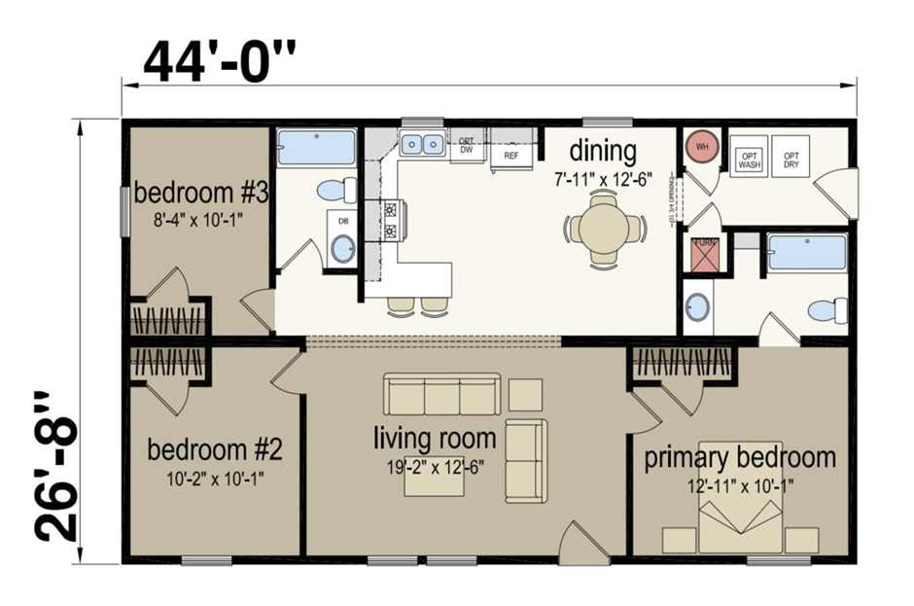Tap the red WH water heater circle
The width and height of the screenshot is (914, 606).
pos(699,147)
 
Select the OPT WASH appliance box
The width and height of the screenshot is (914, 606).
pos(750,160)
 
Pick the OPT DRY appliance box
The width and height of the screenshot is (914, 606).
pos(792,160)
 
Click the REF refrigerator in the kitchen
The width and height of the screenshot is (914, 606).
pos(510,155)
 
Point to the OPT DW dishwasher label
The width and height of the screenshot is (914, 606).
pos(467,146)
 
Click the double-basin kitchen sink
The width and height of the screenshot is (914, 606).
pos(422,145)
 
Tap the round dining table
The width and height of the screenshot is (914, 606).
pos(604,230)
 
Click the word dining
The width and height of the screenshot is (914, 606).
pos(603,152)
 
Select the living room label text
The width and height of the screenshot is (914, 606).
pos(435,438)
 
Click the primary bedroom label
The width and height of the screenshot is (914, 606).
pos(740,457)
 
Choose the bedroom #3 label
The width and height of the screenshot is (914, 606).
pos(201,192)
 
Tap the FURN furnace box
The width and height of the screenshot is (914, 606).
pos(704,254)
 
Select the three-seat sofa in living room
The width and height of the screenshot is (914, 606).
pos(442,394)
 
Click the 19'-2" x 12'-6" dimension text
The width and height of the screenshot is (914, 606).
pos(435,466)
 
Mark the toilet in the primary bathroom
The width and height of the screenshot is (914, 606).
pos(826,311)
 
